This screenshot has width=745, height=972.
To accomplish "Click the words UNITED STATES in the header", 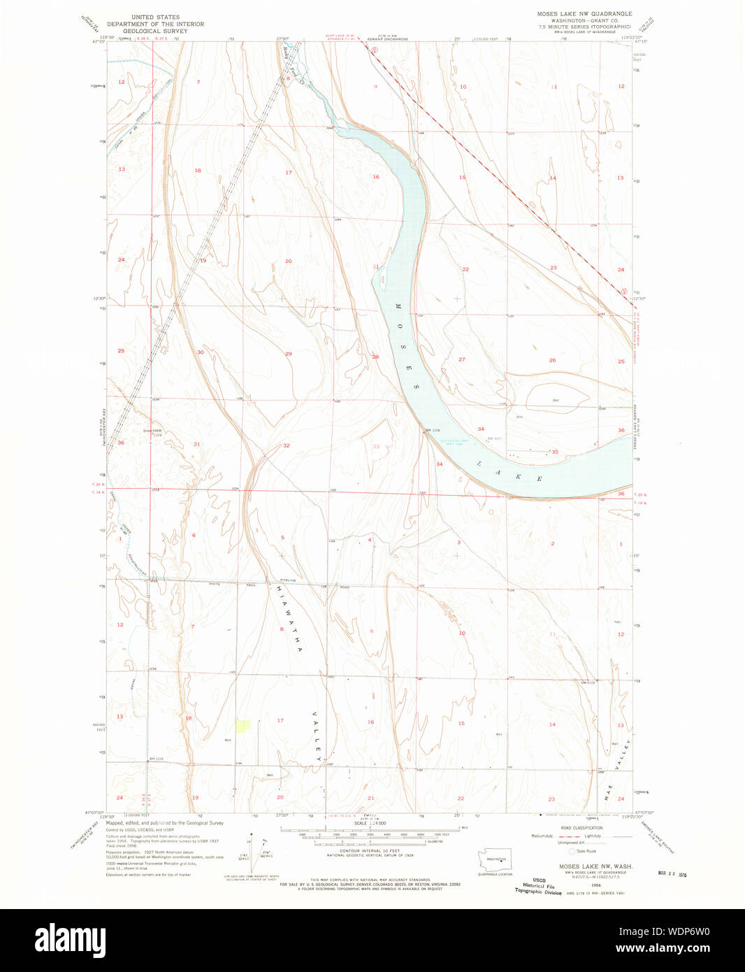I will click(155, 17).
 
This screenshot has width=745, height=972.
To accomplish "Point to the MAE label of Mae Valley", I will click(609, 794).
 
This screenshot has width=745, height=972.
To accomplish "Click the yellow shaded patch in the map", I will click(243, 726).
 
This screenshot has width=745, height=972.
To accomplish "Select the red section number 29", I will click(288, 354).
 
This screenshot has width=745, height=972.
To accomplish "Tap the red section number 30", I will click(200, 352).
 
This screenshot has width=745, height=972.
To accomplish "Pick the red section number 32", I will click(286, 445).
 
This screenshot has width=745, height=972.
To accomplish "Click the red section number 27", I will click(461, 359).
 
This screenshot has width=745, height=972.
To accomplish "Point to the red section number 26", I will click(552, 360).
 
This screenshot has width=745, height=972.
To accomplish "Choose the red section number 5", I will click(282, 537).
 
